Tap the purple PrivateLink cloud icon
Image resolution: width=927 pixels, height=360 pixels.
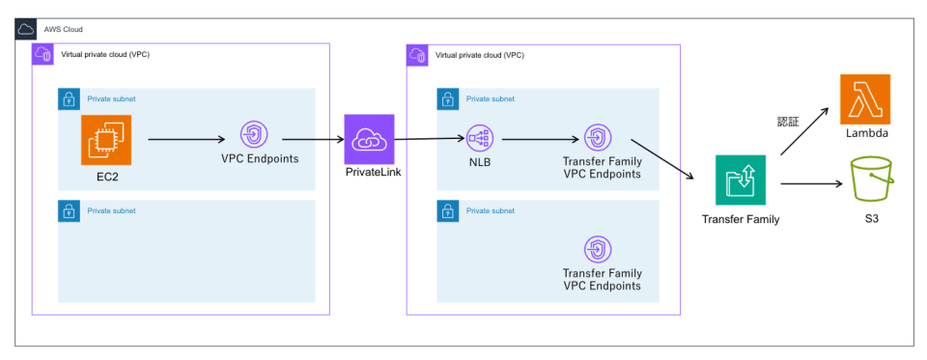(367, 139)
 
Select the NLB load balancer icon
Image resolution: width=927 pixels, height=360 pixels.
(480, 139)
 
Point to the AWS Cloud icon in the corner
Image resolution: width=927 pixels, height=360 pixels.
(28, 29)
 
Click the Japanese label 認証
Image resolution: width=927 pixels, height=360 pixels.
(789, 122)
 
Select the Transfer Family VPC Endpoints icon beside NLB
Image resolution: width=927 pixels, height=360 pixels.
(597, 139)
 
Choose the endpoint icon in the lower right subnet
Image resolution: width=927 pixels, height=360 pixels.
(597, 250)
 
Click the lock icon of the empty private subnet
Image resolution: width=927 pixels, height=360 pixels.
(69, 210)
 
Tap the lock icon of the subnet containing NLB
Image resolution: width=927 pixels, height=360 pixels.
(447, 98)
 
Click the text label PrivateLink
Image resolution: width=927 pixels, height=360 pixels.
(368, 171)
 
